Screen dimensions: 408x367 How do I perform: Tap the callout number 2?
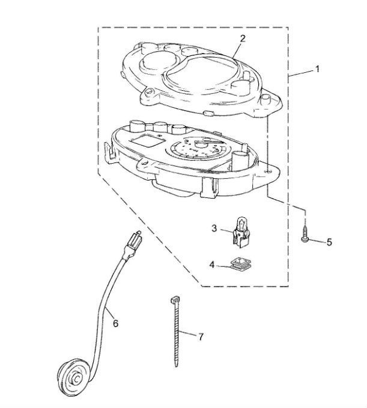tap(242, 38)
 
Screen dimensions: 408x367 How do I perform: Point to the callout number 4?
tap(212, 264)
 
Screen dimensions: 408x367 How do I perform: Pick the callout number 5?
tap(329, 243)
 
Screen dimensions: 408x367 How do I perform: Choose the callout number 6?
tap(115, 323)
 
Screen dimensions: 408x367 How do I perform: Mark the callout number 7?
tap(200, 336)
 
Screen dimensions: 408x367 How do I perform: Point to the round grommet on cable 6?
tap(77, 378)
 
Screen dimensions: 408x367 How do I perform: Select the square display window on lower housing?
tap(147, 143)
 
